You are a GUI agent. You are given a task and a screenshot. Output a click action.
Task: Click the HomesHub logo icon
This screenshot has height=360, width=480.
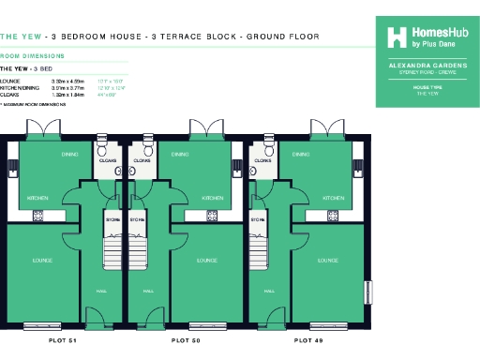(x=397, y=36)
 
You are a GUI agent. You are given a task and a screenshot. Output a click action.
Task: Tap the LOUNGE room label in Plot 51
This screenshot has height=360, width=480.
(x=41, y=260)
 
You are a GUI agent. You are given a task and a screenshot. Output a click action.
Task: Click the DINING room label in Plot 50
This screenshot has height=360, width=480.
(x=175, y=153)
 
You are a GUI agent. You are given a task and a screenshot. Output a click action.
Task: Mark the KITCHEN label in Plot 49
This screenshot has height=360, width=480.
(x=333, y=199)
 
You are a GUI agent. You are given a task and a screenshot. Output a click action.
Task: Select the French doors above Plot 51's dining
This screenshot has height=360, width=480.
(x=74, y=127)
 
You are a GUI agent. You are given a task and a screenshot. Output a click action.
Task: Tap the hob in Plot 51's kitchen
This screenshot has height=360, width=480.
(x=38, y=216)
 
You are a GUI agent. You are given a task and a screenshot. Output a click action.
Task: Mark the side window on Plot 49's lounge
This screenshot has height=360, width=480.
(x=368, y=292)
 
